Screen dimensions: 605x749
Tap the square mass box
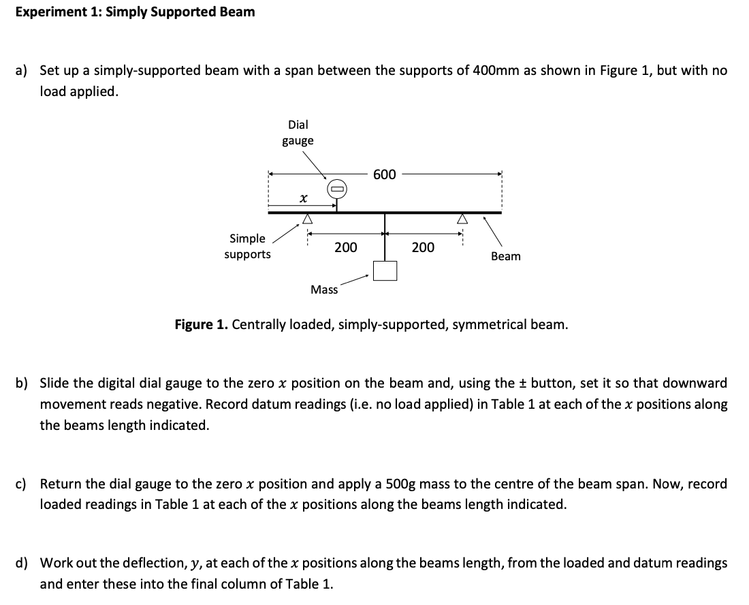[385, 270]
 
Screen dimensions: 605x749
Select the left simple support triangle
[307, 219]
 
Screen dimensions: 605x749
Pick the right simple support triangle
[462, 219]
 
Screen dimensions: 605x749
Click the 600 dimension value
[385, 175]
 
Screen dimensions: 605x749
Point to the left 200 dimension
[346, 247]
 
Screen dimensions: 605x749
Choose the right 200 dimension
[423, 247]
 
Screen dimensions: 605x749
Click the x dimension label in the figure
[302, 198]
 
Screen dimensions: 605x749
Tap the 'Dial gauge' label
[298, 133]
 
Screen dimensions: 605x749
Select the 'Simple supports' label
[247, 247]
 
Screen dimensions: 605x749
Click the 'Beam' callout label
[506, 256]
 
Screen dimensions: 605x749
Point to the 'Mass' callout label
[324, 290]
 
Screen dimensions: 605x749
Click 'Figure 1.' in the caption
[202, 324]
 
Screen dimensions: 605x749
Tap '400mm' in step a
[496, 71]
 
